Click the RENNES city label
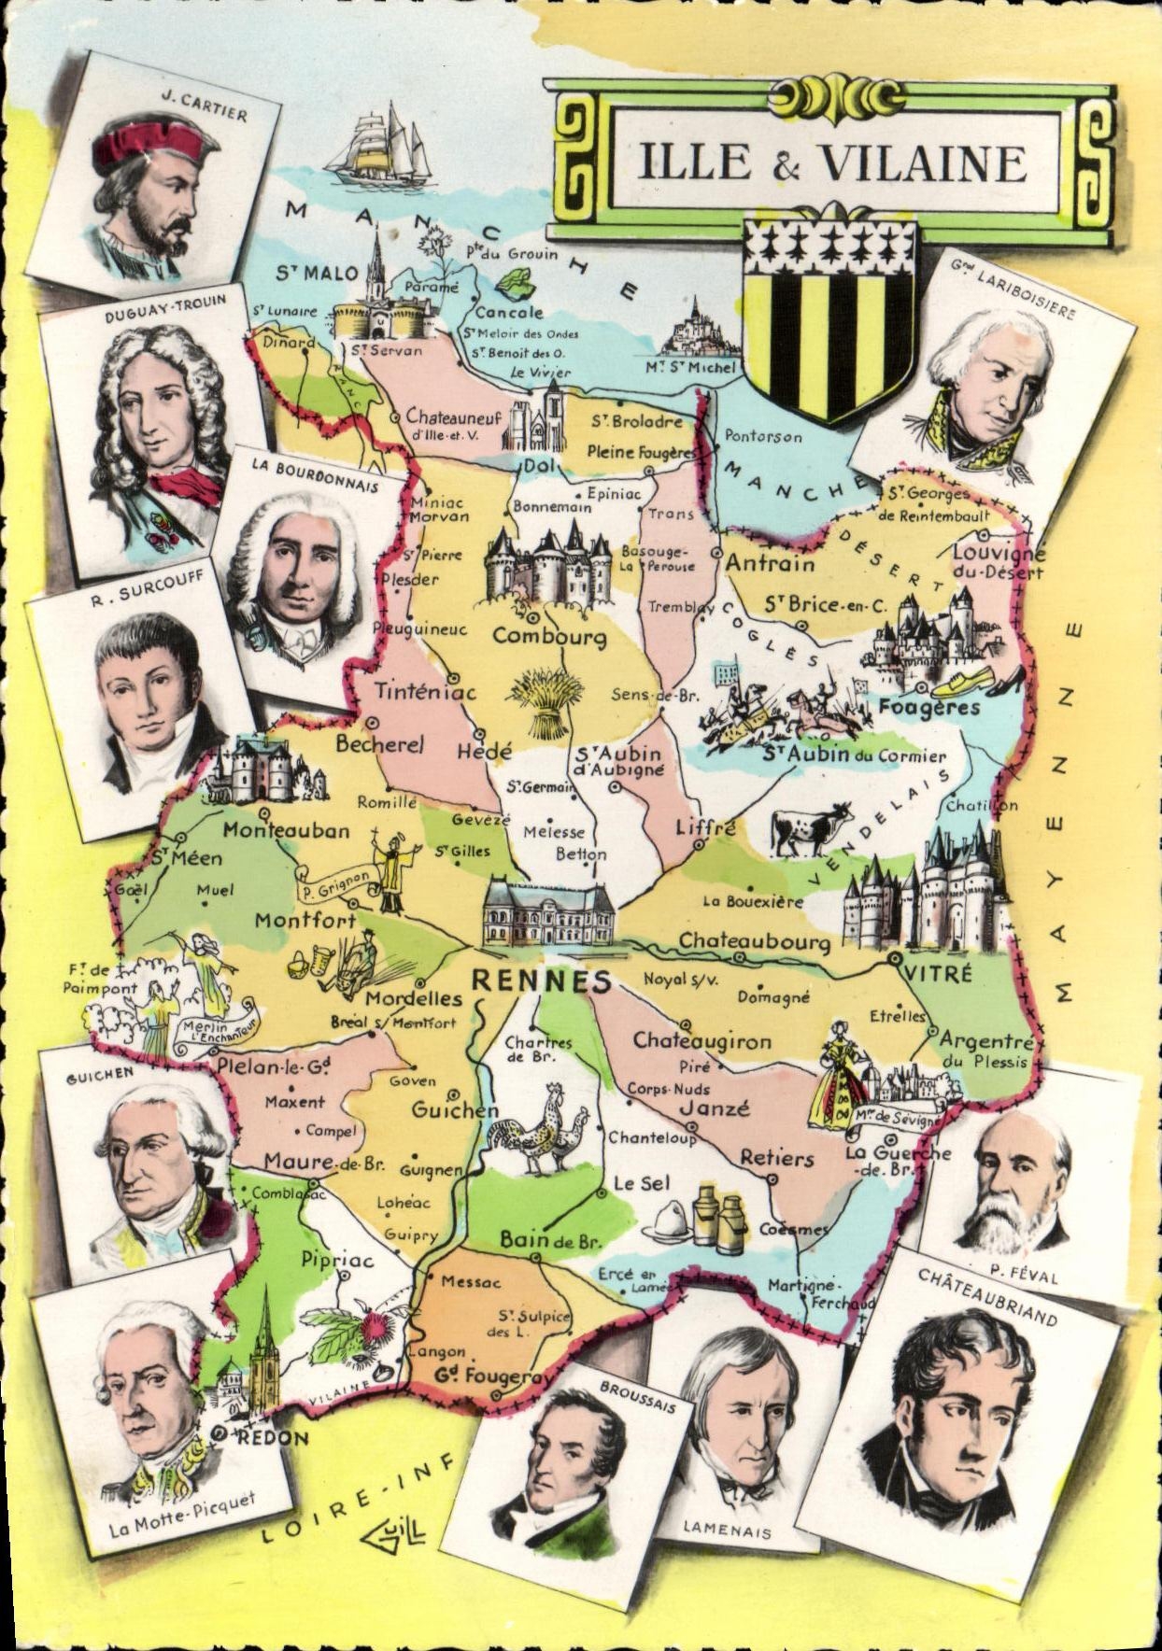pos(542,981)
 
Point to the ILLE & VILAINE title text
pos(831,162)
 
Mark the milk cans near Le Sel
pos(718,1218)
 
